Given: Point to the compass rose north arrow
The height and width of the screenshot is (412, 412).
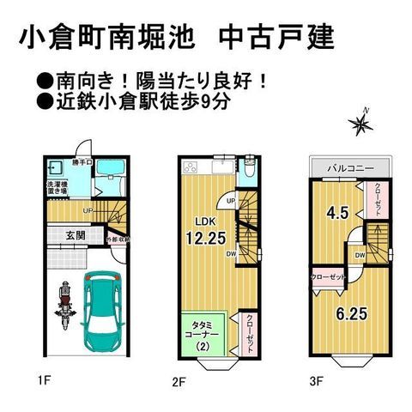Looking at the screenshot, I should tap(361, 125).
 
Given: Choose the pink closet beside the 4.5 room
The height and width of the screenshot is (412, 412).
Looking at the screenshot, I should tap(377, 202).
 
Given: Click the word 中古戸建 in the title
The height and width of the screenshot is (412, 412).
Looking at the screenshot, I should tap(276, 39).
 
